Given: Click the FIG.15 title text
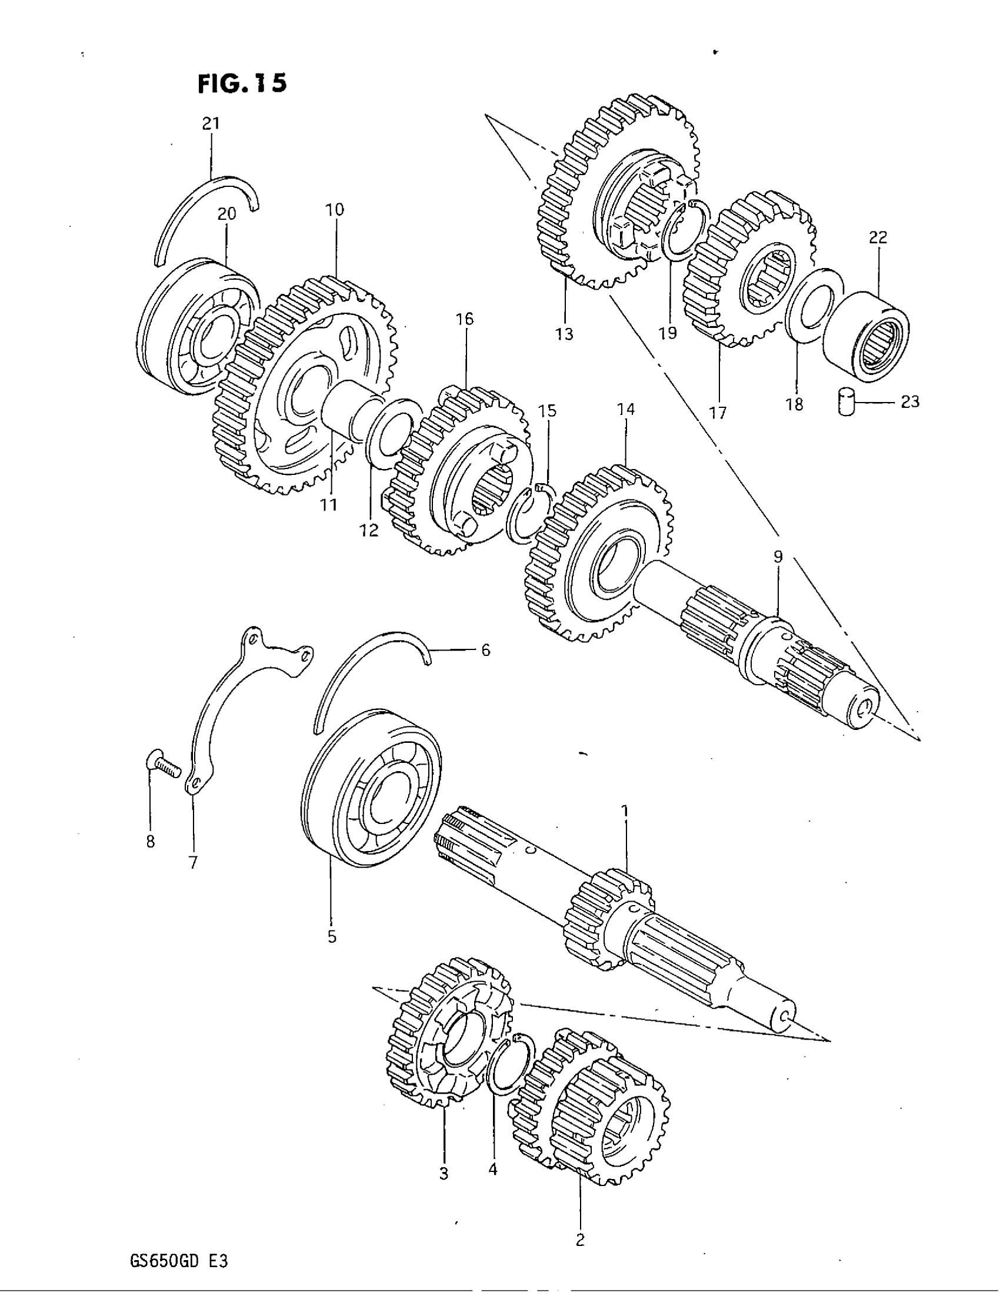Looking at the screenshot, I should pyautogui.click(x=242, y=83).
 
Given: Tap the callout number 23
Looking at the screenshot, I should pyautogui.click(x=909, y=402).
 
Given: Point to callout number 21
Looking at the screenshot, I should pyautogui.click(x=211, y=124).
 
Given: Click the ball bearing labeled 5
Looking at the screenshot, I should pyautogui.click(x=371, y=789).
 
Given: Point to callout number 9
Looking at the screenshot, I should pyautogui.click(x=777, y=557).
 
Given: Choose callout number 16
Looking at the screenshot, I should pyautogui.click(x=465, y=320).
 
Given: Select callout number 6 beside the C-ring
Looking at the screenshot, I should pyautogui.click(x=485, y=651).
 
